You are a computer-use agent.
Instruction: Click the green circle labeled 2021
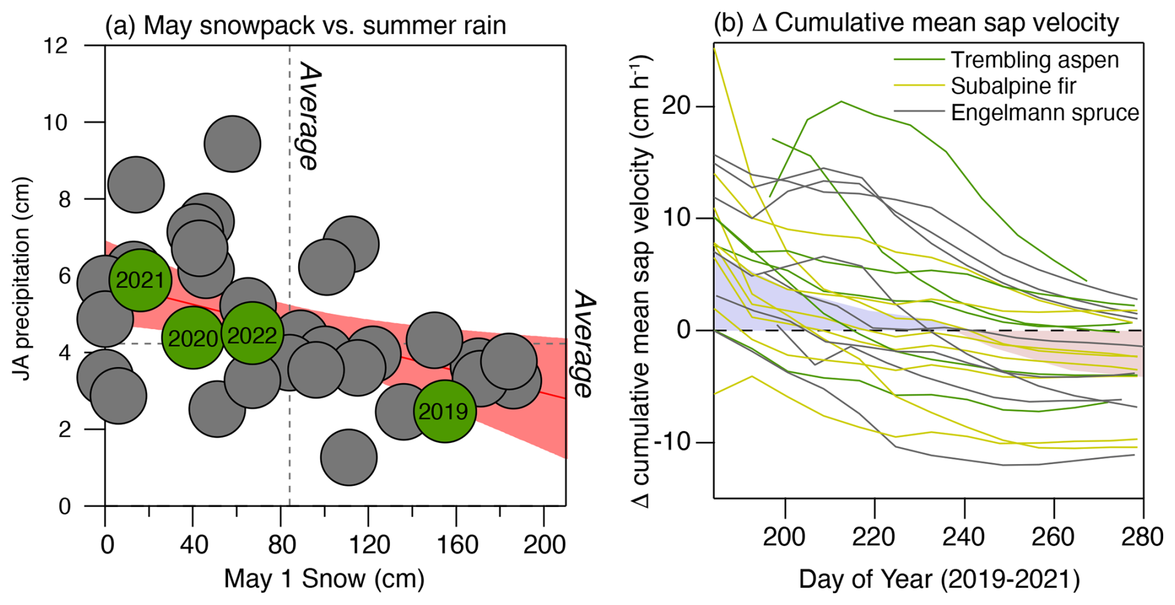point(140,280)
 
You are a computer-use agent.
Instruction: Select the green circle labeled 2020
point(193,338)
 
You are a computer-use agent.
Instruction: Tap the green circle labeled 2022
point(252,334)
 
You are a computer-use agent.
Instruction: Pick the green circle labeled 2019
point(444,411)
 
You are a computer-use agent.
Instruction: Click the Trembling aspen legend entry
point(1034,60)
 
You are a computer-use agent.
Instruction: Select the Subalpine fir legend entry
point(1013,86)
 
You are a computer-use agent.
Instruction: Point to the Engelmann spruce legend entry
point(1045,112)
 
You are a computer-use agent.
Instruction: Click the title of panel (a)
point(306,25)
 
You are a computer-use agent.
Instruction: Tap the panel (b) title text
point(916,23)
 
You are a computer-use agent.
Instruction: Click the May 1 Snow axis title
point(324,578)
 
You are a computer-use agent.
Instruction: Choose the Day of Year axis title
point(939,579)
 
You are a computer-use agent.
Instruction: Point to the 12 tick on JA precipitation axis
point(56,45)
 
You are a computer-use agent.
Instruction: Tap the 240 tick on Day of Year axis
point(964,536)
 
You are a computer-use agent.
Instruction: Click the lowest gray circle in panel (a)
point(348,458)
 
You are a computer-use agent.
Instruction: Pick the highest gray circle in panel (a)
point(232,143)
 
